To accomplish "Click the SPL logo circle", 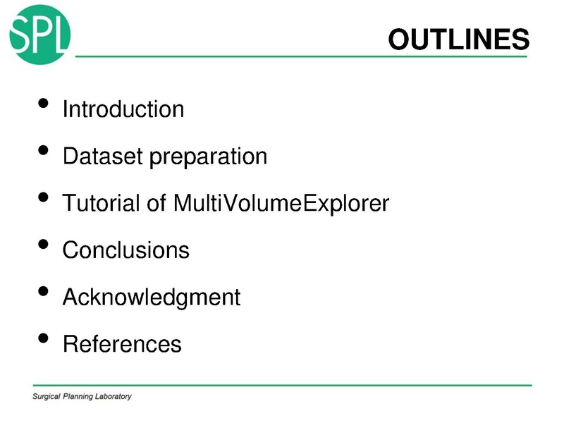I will click(x=40, y=33).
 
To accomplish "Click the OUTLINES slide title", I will click(x=458, y=39).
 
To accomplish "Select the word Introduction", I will click(x=123, y=109).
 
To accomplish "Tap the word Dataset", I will click(x=102, y=156).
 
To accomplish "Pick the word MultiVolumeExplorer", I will click(x=281, y=204).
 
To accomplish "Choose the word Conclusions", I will click(x=126, y=250).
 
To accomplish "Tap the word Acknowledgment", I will click(x=152, y=298).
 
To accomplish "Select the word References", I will click(x=122, y=344).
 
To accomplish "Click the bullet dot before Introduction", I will click(x=43, y=104).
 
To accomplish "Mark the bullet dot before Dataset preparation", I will click(x=43, y=150).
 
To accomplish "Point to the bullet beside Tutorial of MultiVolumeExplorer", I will click(x=43, y=197).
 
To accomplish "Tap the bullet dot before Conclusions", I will click(x=43, y=244).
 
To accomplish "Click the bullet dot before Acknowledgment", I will click(x=43, y=291).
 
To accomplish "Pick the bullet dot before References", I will click(x=43, y=338).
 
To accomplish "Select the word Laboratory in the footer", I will click(x=111, y=397).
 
